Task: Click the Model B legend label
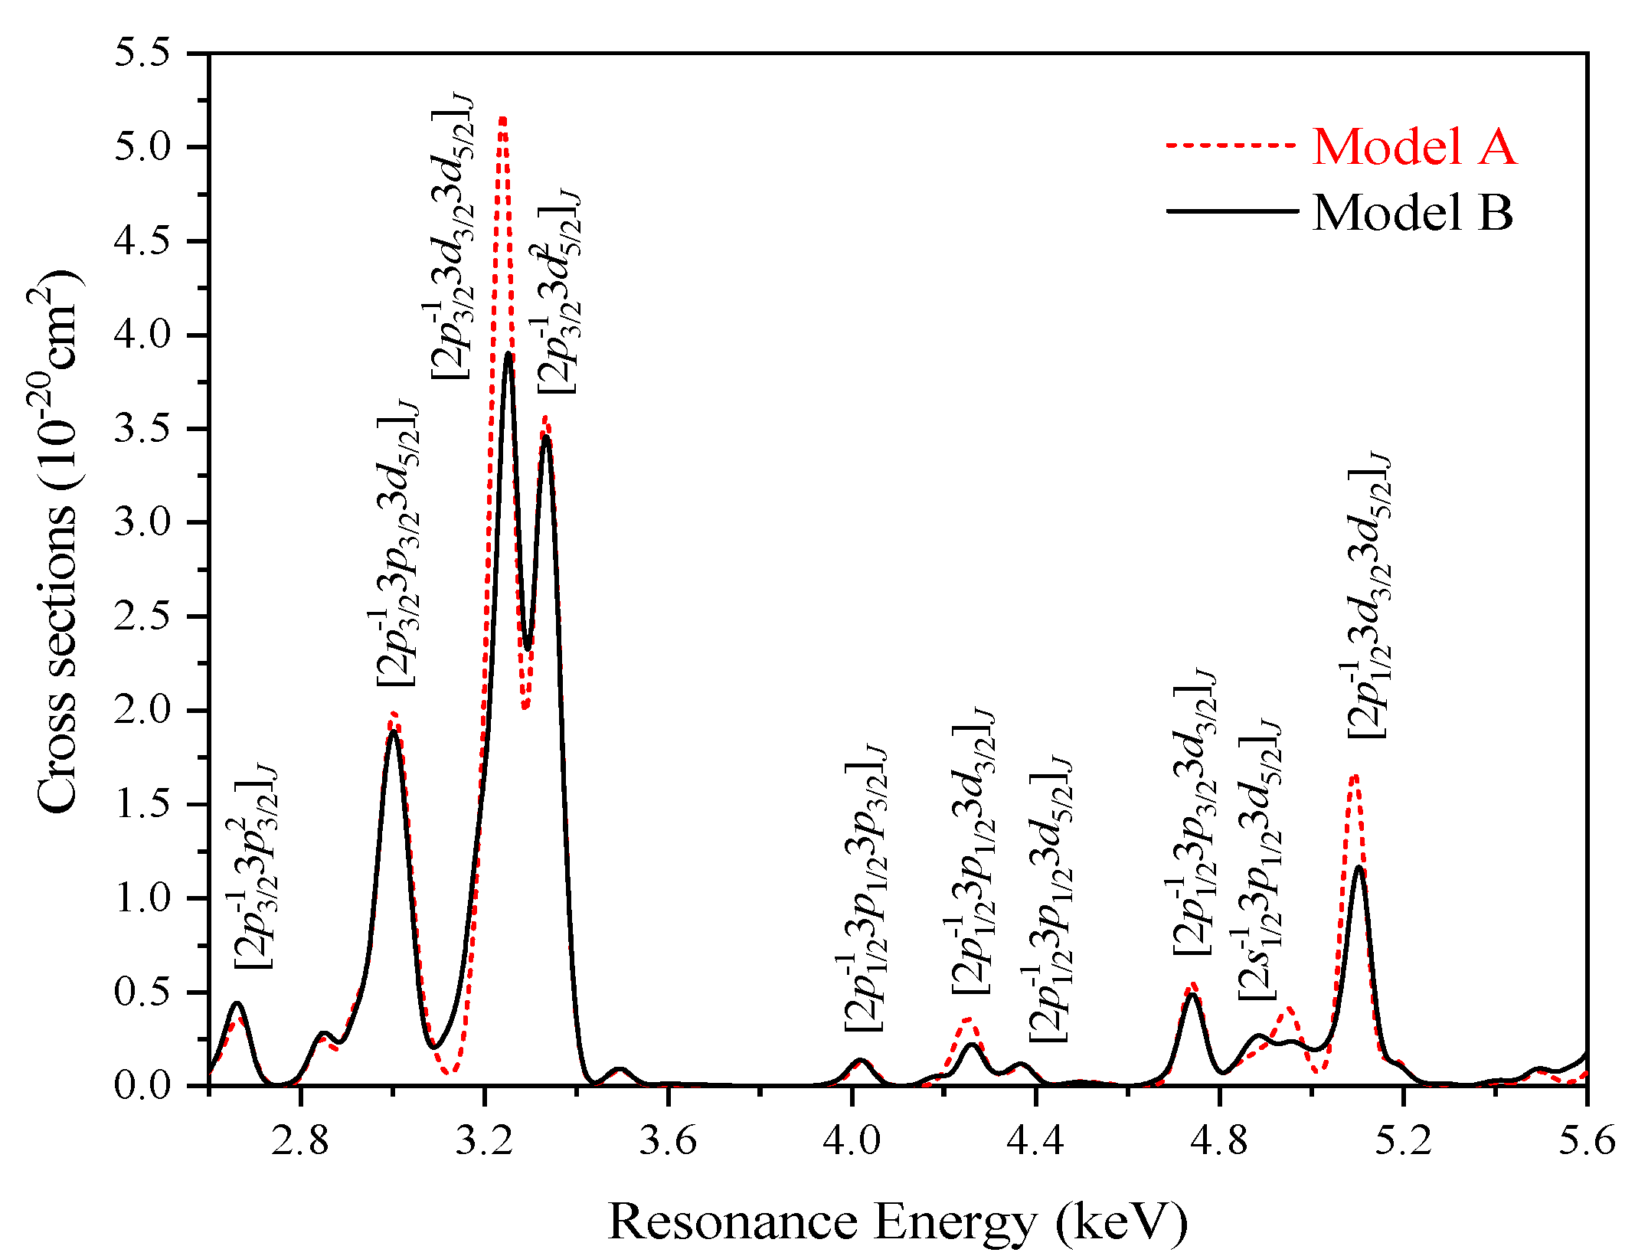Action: (x=1413, y=212)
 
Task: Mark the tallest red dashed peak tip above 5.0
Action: (x=502, y=118)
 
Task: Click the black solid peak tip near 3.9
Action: (x=508, y=354)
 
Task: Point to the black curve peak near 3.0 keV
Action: (x=393, y=731)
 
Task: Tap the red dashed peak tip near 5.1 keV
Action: (x=1354, y=775)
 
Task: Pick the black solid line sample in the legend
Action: (x=1231, y=211)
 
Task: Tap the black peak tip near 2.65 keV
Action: (x=237, y=1003)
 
